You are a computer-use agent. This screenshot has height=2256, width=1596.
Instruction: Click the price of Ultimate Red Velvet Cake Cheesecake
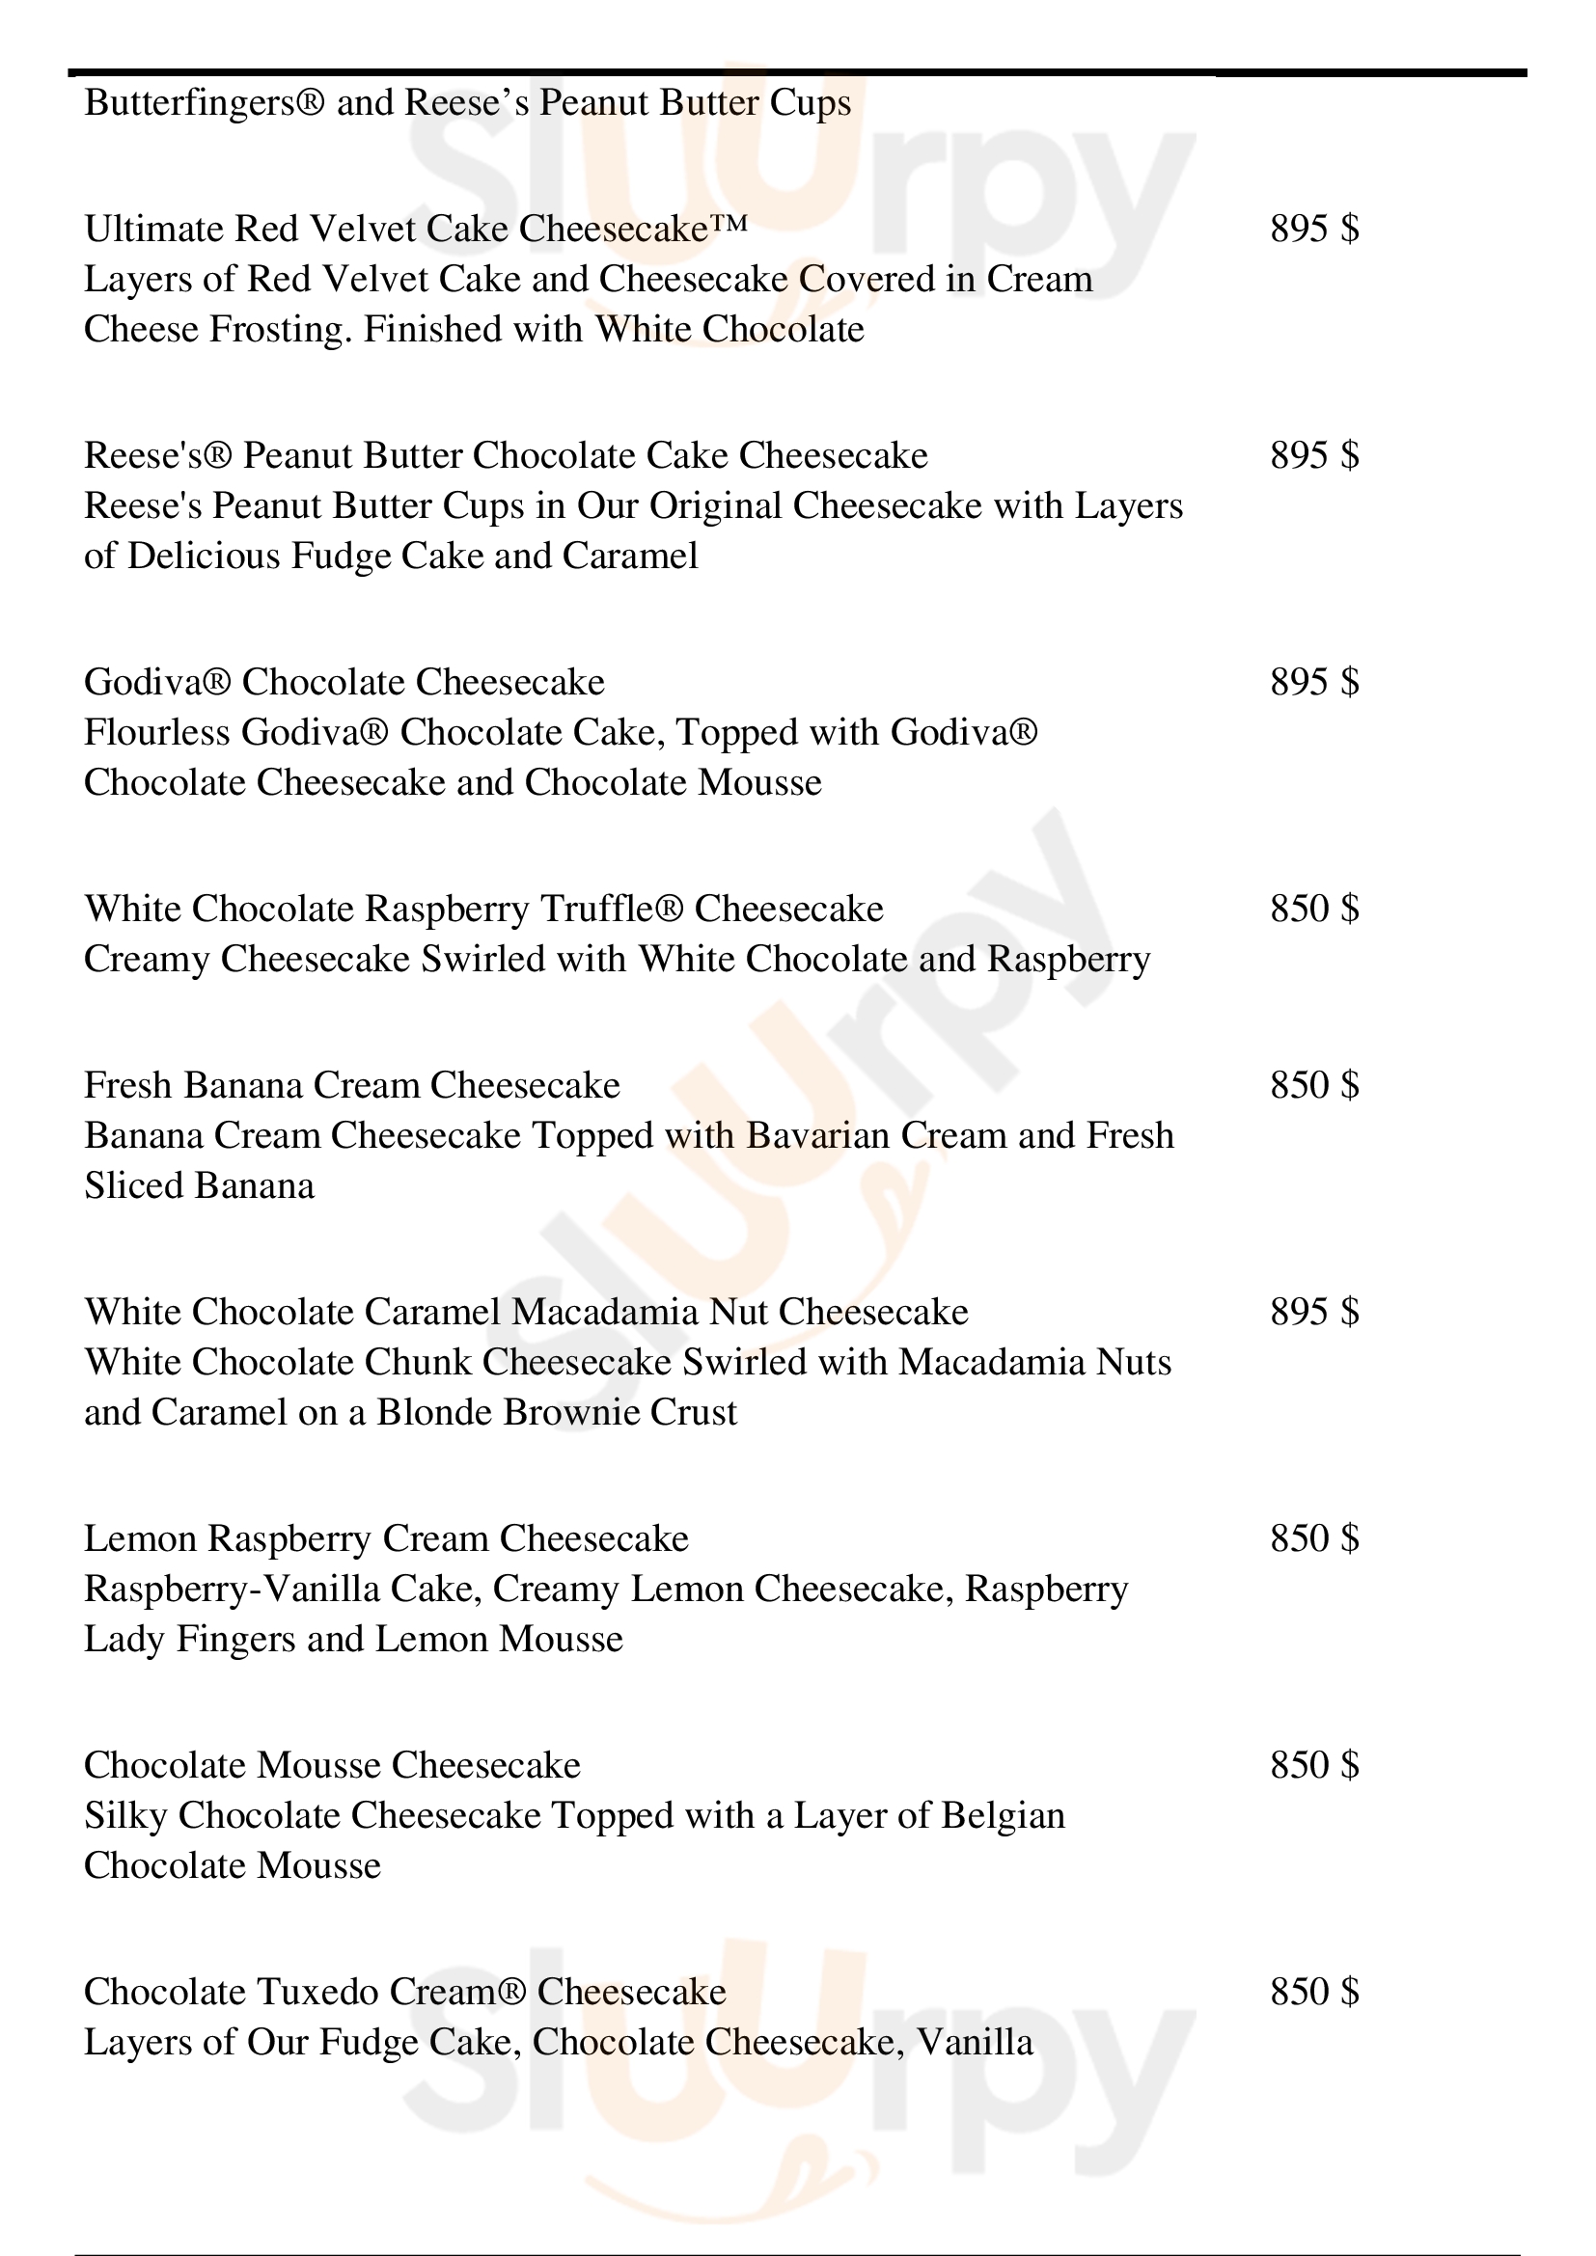(1314, 229)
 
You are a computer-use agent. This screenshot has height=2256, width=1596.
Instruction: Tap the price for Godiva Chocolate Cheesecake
(1314, 682)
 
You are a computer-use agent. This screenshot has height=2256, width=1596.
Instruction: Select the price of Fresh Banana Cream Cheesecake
(1314, 1085)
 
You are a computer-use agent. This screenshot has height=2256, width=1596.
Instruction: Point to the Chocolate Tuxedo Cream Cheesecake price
(1314, 1992)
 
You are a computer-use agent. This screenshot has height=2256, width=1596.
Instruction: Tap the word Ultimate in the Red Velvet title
(153, 229)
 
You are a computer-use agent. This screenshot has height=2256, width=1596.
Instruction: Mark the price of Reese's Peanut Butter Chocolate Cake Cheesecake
(1314, 455)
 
